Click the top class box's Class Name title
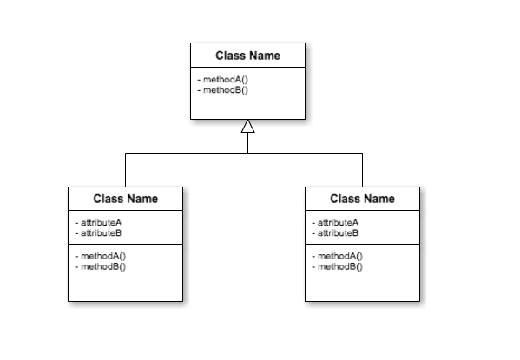coord(247,56)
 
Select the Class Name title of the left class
coord(125,199)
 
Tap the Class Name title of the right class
coord(362,199)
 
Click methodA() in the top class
coord(226,80)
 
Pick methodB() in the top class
coord(226,90)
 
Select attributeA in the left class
coord(101,222)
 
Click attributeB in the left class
coord(101,233)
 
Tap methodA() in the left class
coord(103,256)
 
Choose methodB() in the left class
coord(103,266)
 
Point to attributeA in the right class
coord(338,222)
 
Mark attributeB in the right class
coord(338,233)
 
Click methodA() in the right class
coord(340,256)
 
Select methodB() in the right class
coord(340,266)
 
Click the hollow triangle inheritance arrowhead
coord(247,127)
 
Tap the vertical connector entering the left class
coord(125,170)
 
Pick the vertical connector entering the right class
coord(362,170)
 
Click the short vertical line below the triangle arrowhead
coord(247,143)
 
